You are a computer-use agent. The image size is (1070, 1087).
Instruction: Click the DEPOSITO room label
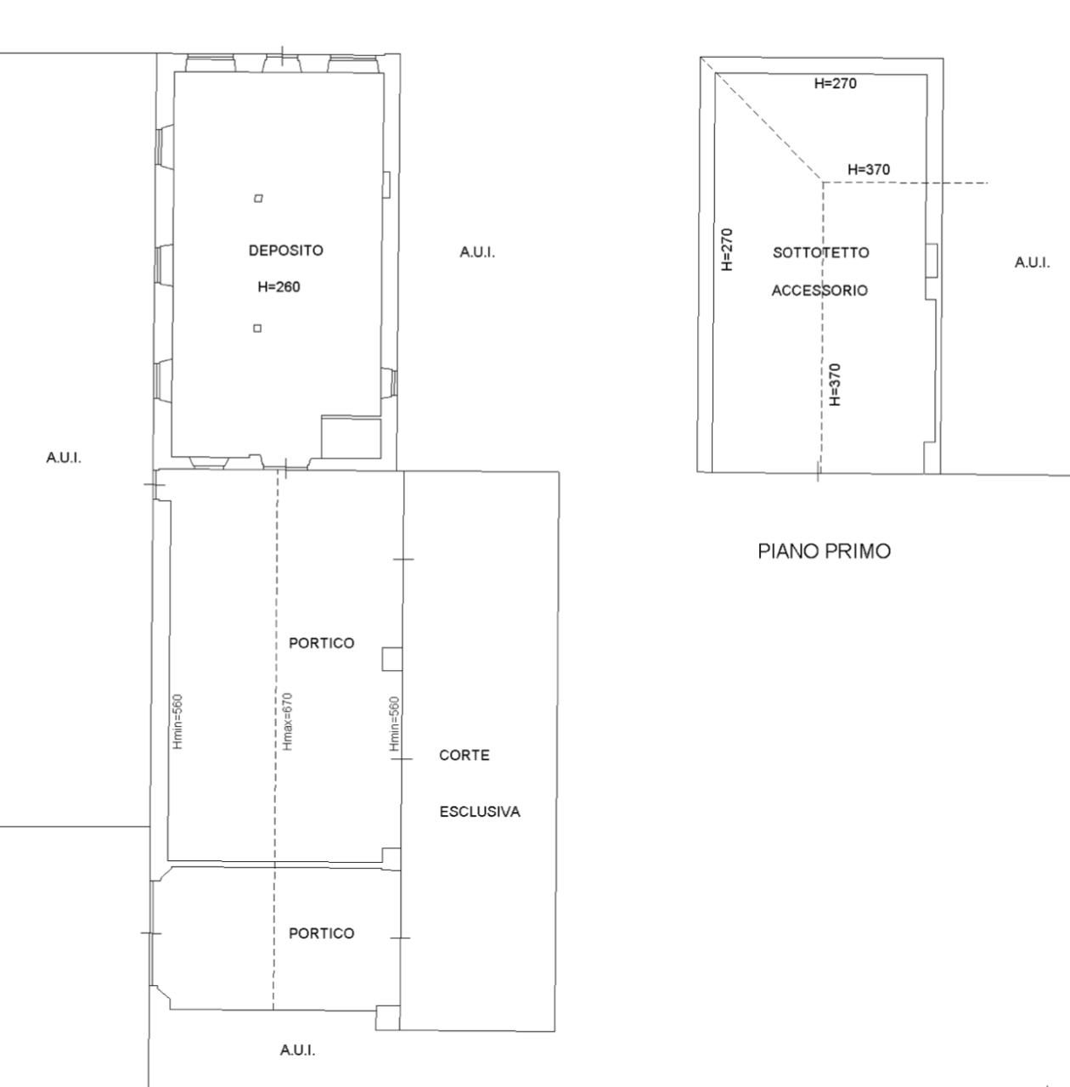pyautogui.click(x=286, y=251)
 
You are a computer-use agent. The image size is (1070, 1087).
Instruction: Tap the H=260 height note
pyautogui.click(x=279, y=287)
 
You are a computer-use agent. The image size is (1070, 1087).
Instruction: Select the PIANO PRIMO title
pyautogui.click(x=824, y=551)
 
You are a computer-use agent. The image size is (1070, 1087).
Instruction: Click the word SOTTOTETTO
pyautogui.click(x=820, y=253)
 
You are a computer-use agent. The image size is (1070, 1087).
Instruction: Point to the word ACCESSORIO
pyautogui.click(x=819, y=290)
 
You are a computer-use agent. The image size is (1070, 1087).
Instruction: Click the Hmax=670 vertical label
pyautogui.click(x=288, y=722)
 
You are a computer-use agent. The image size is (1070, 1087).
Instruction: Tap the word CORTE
pyautogui.click(x=465, y=755)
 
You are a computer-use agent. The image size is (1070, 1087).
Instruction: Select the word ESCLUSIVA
pyautogui.click(x=480, y=812)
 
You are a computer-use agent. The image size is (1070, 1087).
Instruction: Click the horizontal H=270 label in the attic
pyautogui.click(x=836, y=83)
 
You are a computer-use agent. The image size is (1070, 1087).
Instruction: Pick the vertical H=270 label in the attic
pyautogui.click(x=728, y=250)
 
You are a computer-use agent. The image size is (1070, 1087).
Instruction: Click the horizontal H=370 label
pyautogui.click(x=869, y=169)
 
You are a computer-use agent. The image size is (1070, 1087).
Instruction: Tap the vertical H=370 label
pyautogui.click(x=836, y=385)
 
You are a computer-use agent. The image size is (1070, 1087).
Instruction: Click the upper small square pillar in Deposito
pyautogui.click(x=258, y=198)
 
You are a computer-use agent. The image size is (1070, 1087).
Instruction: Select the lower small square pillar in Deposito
pyautogui.click(x=257, y=329)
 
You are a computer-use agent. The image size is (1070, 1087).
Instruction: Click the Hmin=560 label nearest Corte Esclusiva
pyautogui.click(x=395, y=724)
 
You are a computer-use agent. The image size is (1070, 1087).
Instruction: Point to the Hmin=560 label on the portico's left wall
pyautogui.click(x=177, y=722)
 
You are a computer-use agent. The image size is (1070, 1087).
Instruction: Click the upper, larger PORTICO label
pyautogui.click(x=322, y=643)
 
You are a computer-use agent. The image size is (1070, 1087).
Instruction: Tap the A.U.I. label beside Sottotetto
pyautogui.click(x=1032, y=263)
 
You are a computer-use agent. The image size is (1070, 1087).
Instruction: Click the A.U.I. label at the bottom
pyautogui.click(x=297, y=1050)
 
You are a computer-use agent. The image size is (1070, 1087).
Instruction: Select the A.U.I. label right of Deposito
pyautogui.click(x=477, y=253)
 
